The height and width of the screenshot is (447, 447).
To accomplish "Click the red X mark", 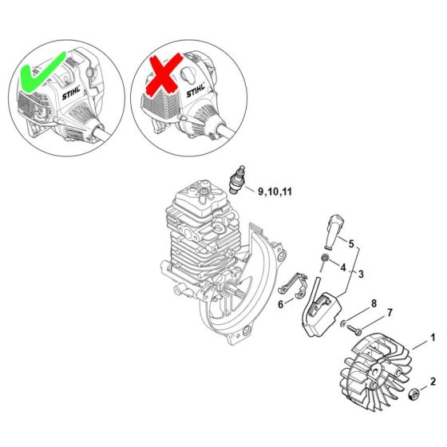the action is (x=164, y=74).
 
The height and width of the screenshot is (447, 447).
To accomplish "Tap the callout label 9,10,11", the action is (x=275, y=192).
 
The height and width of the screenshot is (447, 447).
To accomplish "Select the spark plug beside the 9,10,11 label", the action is (x=237, y=180).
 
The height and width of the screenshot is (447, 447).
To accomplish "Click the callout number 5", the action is (x=351, y=243).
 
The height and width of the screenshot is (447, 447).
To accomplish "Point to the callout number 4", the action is (x=343, y=267).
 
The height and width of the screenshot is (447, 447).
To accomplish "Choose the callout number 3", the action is (x=361, y=274).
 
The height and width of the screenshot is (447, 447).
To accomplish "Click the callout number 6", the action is (x=281, y=304).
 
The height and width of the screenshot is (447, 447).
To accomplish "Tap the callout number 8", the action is (x=374, y=303).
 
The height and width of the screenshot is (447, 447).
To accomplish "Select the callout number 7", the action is (x=390, y=313).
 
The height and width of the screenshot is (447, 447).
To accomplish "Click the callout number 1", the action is (x=433, y=338).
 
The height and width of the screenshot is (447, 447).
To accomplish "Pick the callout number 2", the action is (x=433, y=382).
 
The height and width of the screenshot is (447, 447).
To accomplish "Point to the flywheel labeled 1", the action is (x=376, y=374).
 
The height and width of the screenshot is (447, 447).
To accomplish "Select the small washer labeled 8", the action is (x=343, y=323).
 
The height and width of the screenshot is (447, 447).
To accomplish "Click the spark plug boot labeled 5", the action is (x=333, y=232).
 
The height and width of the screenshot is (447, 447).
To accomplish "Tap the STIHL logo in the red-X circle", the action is (x=196, y=89).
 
